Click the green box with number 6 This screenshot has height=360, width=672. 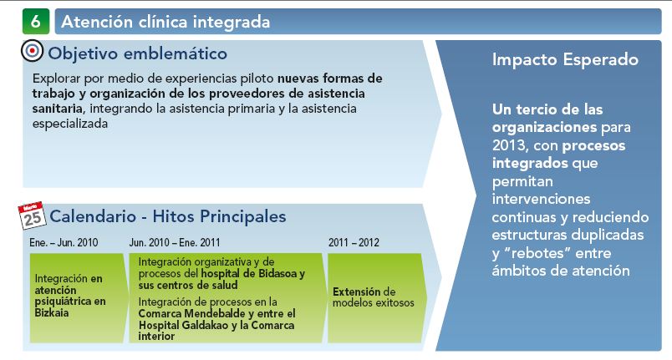click(36, 22)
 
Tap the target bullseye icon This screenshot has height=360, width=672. click(32, 51)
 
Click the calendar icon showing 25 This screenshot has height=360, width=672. click(32, 215)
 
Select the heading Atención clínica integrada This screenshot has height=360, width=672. click(165, 22)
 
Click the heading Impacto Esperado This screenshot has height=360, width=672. click(565, 59)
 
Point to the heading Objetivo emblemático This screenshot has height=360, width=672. click(138, 53)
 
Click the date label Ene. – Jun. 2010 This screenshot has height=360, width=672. click(64, 243)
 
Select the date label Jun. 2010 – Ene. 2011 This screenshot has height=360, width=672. click(175, 243)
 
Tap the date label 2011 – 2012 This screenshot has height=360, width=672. click(354, 243)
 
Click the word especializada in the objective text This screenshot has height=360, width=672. click(70, 124)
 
